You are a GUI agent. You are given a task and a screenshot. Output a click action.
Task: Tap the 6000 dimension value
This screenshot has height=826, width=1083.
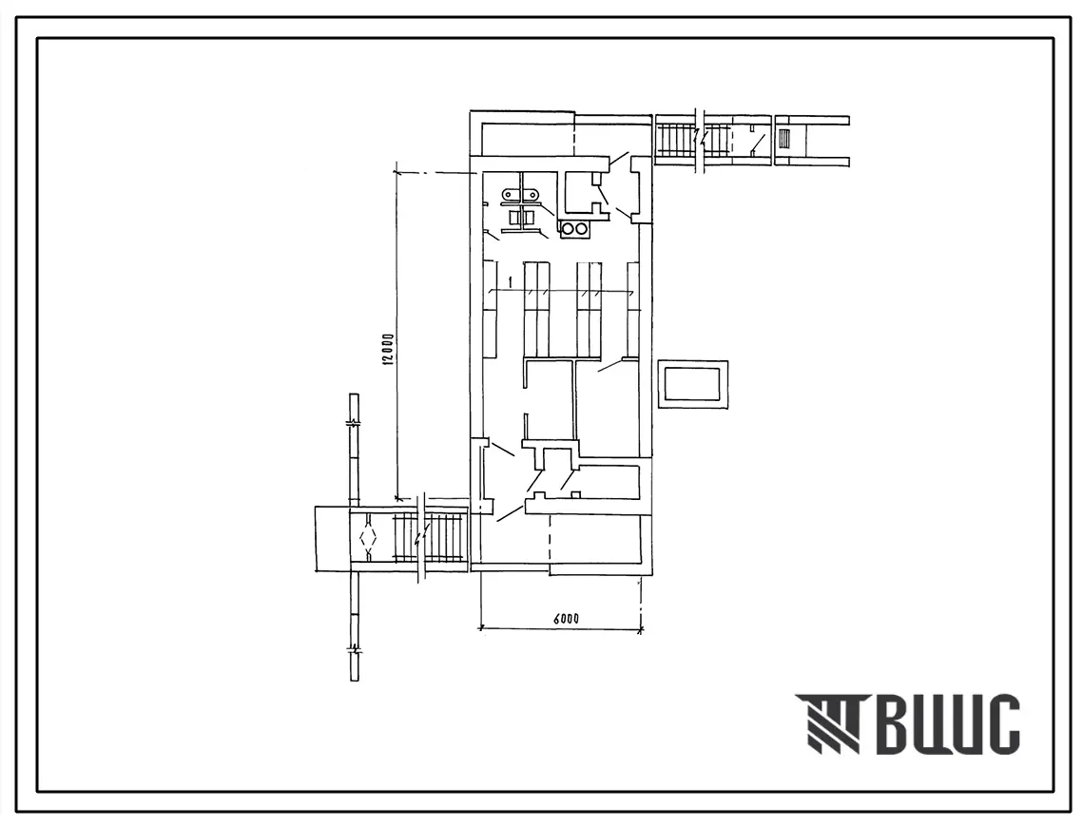565,618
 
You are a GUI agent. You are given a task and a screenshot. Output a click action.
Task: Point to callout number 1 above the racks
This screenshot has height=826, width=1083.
509,281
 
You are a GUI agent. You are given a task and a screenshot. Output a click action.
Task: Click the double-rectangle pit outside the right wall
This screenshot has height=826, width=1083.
692,384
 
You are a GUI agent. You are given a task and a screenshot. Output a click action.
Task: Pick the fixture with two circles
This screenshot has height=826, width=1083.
574,229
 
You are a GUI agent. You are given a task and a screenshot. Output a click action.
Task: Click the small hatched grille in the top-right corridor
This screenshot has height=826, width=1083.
783,140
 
